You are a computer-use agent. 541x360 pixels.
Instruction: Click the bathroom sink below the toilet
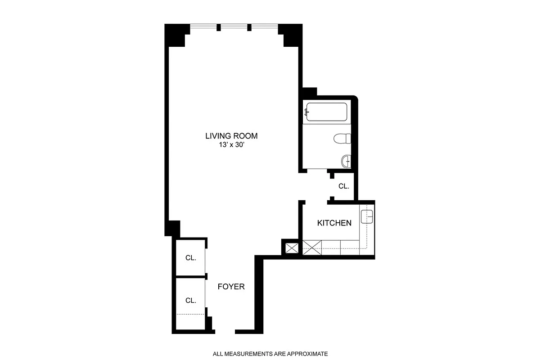(346, 161)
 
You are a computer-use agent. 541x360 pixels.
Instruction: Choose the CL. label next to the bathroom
(343, 186)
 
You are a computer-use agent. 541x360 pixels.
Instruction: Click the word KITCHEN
(334, 223)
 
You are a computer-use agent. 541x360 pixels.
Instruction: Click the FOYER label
(231, 287)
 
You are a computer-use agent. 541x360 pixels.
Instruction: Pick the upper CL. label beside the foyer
(191, 258)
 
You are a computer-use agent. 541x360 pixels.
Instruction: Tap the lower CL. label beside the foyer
(191, 300)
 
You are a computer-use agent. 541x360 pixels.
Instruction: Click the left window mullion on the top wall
(219, 27)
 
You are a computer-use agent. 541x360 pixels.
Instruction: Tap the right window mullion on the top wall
(249, 27)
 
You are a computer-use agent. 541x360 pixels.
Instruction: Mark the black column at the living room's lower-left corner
(172, 228)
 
